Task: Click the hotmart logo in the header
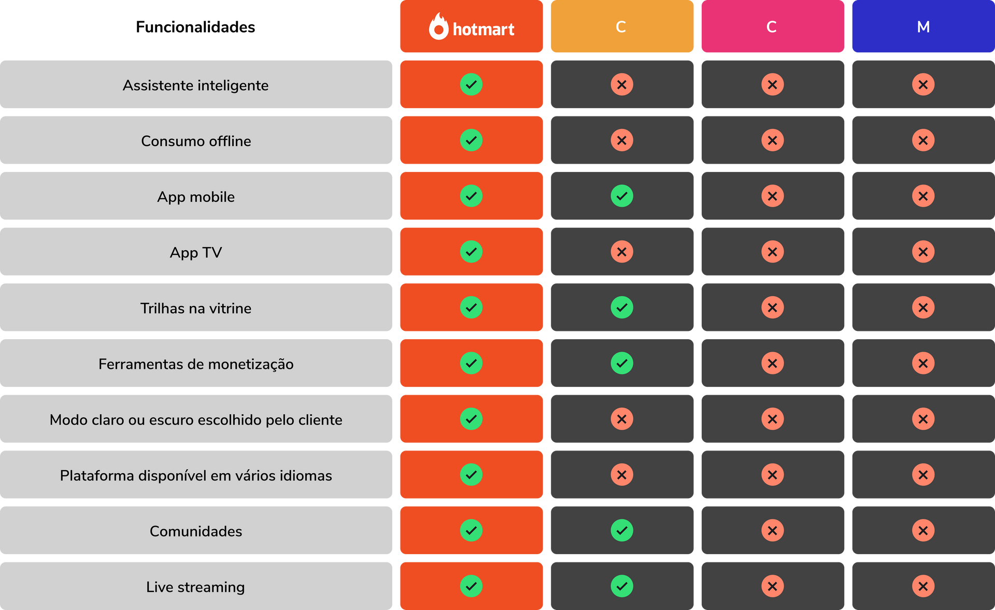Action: coord(472,26)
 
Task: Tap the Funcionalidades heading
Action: coord(195,27)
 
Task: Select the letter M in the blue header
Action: coord(923,27)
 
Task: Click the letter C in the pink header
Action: coord(772,27)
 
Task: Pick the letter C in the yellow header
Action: coord(621,27)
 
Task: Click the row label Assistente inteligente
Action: coord(195,85)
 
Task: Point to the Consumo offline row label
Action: coord(196,141)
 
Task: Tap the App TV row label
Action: coord(196,253)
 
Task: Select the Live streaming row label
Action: coord(195,587)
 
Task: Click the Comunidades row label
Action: coord(196,531)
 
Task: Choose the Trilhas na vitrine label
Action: coord(196,309)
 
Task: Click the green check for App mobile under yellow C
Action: coord(622,196)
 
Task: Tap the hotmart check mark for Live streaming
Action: coord(471,586)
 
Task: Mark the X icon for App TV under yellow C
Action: coord(622,252)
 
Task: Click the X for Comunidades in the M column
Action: coord(923,530)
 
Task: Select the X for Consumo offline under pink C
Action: coord(772,140)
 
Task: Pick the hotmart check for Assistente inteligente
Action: coord(471,84)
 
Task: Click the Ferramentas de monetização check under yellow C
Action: coord(622,363)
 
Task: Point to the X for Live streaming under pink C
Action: coord(772,586)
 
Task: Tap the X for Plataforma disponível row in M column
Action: coord(923,474)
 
